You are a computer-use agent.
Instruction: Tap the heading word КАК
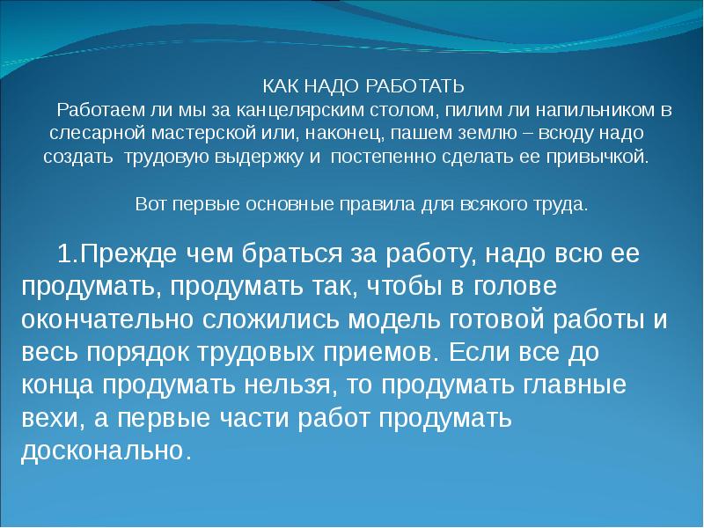pos(280,87)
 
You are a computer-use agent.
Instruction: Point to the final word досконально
pos(102,451)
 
